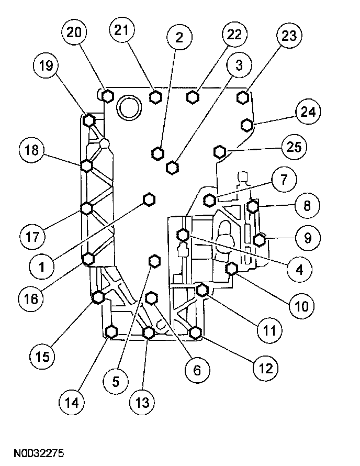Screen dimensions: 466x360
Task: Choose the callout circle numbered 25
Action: [294, 147]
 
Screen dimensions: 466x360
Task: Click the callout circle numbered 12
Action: [263, 369]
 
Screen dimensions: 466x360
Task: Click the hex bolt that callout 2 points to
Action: [158, 153]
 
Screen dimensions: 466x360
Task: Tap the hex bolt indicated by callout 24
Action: [247, 125]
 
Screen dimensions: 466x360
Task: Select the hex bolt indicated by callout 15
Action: [98, 298]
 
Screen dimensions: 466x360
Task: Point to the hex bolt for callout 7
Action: [210, 199]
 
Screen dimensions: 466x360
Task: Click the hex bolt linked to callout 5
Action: [154, 261]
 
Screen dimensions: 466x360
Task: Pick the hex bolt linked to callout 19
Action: [89, 120]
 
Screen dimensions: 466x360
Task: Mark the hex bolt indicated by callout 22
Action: [193, 97]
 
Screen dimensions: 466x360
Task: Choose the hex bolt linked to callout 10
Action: [232, 269]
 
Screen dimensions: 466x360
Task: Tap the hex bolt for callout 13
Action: [149, 332]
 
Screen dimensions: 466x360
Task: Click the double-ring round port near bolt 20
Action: [128, 107]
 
